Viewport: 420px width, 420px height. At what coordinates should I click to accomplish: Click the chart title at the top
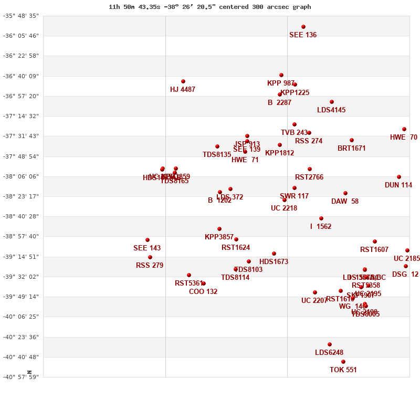[x=209, y=7]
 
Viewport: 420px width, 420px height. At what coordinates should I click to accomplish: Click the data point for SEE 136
[x=303, y=27]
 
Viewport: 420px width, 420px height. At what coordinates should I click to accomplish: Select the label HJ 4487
[x=183, y=90]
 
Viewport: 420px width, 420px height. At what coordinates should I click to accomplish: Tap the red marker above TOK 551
[x=343, y=362]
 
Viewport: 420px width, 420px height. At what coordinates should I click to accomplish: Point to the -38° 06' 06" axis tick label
[x=21, y=176]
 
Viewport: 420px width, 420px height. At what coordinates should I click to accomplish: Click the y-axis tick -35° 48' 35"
[x=21, y=16]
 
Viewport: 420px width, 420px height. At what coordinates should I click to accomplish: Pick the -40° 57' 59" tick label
[x=21, y=377]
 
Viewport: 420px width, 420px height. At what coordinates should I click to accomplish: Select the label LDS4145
[x=331, y=110]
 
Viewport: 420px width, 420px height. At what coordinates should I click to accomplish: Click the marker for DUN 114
[x=399, y=177]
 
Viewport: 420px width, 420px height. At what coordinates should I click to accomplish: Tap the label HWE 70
[x=404, y=138]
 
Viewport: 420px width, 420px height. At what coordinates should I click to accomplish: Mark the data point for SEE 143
[x=148, y=240]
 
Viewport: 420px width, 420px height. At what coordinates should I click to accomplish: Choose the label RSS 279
[x=150, y=266]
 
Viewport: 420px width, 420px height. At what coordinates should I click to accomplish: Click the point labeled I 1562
[x=321, y=218]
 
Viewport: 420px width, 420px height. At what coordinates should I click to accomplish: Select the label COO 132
[x=203, y=292]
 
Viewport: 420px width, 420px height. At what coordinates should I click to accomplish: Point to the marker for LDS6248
[x=330, y=344]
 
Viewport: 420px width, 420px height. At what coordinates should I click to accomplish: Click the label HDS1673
[x=274, y=262]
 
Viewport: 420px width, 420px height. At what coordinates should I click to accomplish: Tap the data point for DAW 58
[x=345, y=193]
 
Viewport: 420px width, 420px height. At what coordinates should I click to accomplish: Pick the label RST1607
[x=374, y=250]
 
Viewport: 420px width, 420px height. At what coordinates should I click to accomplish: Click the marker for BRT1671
[x=352, y=140]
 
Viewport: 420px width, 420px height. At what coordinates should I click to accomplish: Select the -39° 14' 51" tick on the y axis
[x=21, y=257]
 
